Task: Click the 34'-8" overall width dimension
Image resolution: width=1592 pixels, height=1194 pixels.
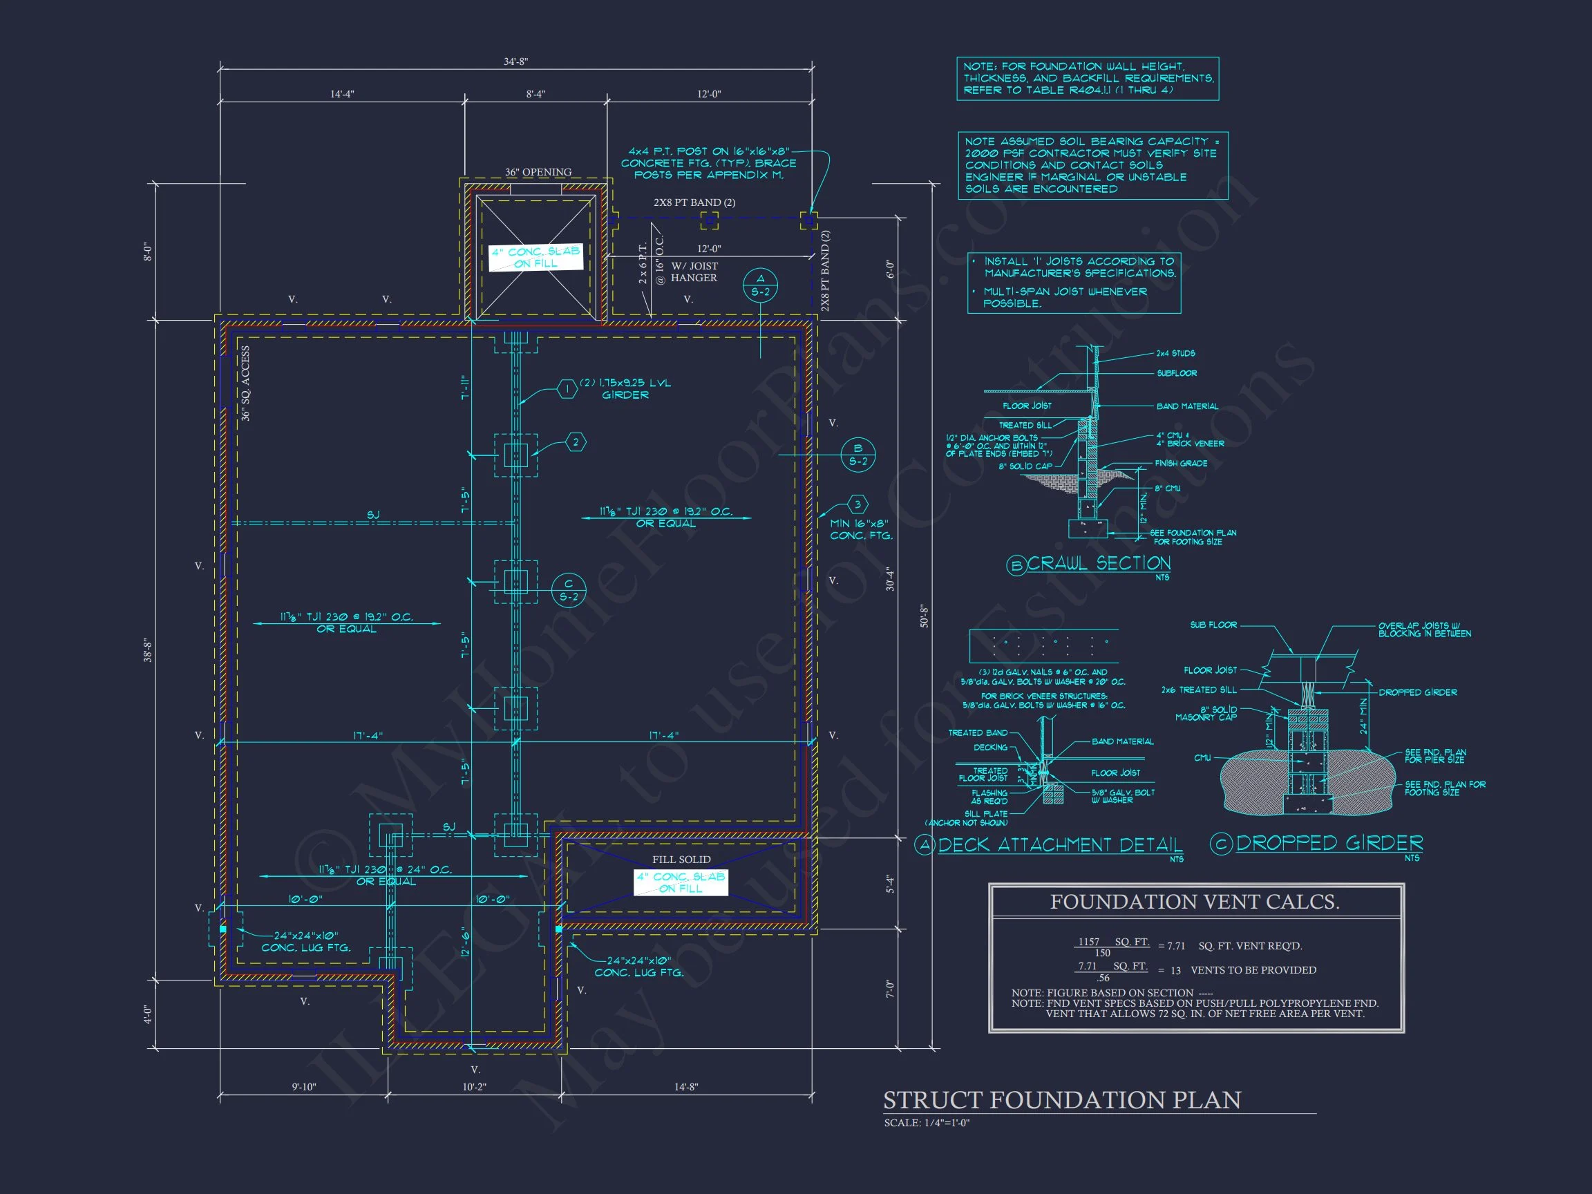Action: (515, 62)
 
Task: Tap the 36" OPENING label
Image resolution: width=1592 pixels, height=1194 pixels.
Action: (538, 172)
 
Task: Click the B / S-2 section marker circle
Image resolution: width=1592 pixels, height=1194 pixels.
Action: (858, 455)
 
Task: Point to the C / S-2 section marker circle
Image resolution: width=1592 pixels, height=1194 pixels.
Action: (569, 590)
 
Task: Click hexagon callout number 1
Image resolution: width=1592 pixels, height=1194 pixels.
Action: (567, 390)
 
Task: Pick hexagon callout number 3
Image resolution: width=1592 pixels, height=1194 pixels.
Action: (857, 504)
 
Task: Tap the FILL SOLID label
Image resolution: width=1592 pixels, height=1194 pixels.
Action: (681, 860)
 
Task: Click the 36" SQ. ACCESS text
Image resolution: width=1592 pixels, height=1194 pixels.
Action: (245, 383)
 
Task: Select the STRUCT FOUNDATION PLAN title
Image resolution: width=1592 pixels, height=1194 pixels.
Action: (1061, 1101)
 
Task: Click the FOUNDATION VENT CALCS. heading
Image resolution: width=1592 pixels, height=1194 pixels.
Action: (1195, 902)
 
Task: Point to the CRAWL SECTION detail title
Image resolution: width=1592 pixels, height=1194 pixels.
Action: (1098, 564)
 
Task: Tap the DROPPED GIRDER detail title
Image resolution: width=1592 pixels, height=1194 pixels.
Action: (1329, 843)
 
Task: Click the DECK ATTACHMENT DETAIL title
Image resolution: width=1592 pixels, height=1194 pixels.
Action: (1059, 845)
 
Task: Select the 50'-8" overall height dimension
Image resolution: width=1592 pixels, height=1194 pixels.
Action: (924, 616)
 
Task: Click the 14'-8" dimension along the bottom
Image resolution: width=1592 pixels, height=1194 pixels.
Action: (686, 1087)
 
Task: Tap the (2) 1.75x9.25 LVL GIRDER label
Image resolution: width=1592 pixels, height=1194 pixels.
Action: (625, 388)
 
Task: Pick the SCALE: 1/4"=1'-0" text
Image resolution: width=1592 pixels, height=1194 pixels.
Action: (927, 1123)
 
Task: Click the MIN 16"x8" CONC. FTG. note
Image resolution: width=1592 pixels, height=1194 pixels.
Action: (861, 530)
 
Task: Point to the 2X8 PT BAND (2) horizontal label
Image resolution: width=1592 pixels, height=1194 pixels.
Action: (694, 203)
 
